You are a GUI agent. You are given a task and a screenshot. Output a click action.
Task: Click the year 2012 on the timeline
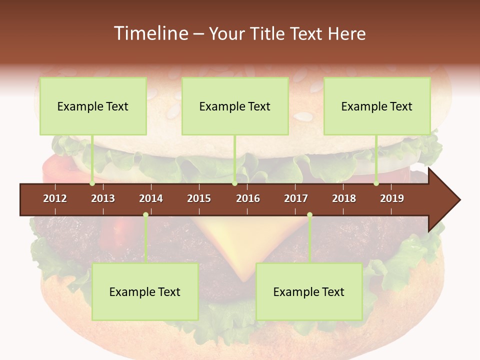click(x=55, y=198)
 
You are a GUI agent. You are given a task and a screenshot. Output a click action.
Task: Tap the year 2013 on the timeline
click(x=103, y=198)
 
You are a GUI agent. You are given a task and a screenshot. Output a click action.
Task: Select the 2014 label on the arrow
click(x=151, y=198)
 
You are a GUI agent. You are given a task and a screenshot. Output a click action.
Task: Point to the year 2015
click(x=199, y=198)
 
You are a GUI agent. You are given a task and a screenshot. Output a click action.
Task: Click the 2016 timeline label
click(x=248, y=198)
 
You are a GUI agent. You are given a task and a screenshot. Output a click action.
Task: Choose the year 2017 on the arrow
click(x=296, y=198)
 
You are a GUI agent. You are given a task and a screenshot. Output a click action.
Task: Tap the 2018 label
click(x=344, y=198)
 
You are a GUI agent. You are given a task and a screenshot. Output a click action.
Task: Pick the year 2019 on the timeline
click(x=392, y=198)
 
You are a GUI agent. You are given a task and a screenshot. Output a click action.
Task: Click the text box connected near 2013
click(x=93, y=106)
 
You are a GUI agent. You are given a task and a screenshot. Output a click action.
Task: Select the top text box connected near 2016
click(x=235, y=106)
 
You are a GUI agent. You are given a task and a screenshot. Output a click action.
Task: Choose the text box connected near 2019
click(x=377, y=106)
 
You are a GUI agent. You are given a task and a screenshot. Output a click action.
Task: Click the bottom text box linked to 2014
click(x=145, y=291)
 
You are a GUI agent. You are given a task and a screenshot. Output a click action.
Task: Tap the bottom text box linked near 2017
click(x=309, y=291)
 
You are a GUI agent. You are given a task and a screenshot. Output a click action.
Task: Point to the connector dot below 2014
click(x=145, y=215)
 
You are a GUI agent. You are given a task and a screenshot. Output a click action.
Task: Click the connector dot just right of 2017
click(x=309, y=215)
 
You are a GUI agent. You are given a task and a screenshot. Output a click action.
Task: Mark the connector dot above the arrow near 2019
click(x=376, y=183)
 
